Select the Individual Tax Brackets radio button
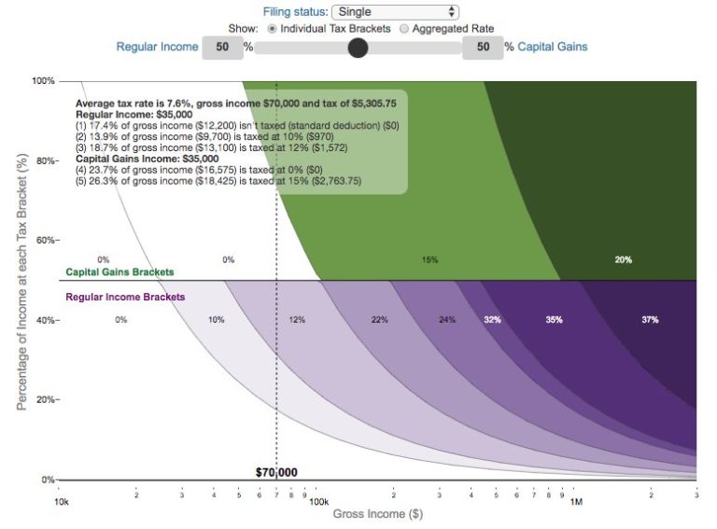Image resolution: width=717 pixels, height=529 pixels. (273, 29)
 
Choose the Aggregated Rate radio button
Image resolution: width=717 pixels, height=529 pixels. (404, 29)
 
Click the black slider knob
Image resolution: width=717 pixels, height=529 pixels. (358, 48)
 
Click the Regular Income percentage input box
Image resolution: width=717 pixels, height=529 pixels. (222, 47)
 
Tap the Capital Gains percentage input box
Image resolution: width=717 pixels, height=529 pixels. (482, 47)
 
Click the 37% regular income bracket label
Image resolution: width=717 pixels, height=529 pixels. (650, 320)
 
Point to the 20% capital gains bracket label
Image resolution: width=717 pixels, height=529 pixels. (624, 259)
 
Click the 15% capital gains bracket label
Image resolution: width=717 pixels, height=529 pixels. (429, 259)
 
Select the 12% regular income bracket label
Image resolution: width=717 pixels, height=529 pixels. (297, 320)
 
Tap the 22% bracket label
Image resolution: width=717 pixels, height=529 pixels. (379, 320)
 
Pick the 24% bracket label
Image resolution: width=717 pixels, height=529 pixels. (447, 320)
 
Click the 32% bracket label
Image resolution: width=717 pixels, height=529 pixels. (492, 320)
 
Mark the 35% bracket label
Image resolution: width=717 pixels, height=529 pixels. (555, 320)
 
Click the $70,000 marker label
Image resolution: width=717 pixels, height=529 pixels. (276, 472)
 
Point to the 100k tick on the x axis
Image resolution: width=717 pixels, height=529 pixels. (318, 501)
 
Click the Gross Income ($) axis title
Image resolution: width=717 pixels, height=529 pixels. (369, 514)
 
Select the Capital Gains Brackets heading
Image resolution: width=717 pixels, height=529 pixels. (119, 272)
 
